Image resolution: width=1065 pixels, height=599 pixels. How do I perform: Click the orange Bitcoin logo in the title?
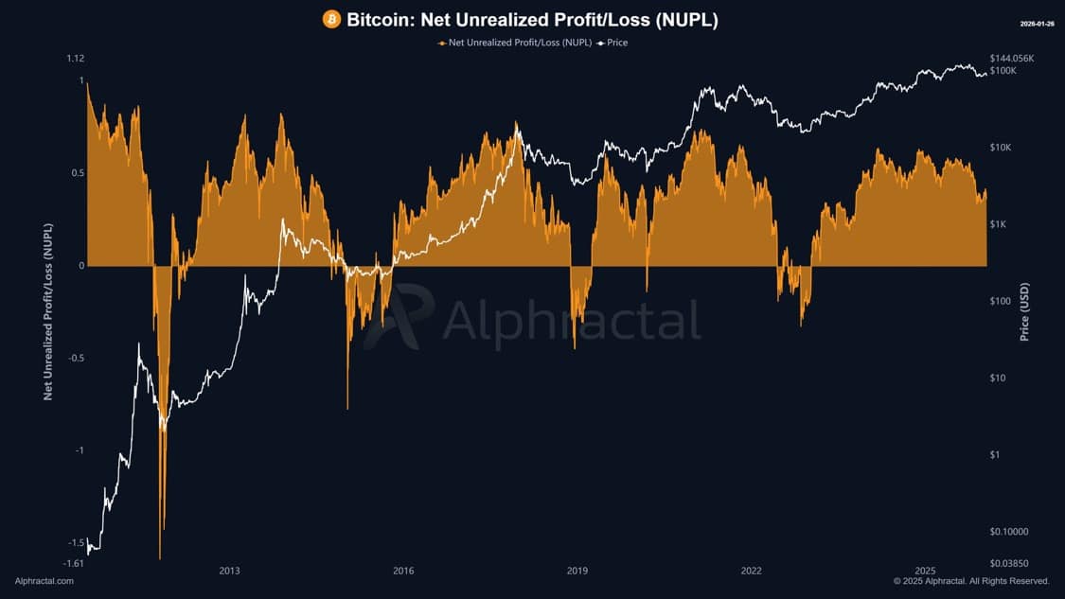click(x=331, y=19)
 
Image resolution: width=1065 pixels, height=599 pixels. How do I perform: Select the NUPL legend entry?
click(x=515, y=43)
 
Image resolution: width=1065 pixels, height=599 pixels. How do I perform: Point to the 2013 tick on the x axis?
click(x=229, y=571)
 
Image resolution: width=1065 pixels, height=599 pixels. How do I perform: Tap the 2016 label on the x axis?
click(x=403, y=571)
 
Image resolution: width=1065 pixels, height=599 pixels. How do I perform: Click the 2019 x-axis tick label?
click(x=577, y=571)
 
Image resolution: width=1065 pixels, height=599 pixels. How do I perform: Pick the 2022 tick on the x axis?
click(x=752, y=571)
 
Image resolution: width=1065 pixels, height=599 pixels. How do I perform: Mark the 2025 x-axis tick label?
click(x=926, y=571)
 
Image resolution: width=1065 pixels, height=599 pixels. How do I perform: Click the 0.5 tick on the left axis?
click(x=75, y=173)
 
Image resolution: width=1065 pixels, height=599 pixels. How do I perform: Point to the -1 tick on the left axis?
click(x=79, y=450)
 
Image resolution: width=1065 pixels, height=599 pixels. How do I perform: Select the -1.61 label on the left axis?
click(x=73, y=564)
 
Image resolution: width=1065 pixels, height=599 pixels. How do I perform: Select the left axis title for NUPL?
click(x=48, y=312)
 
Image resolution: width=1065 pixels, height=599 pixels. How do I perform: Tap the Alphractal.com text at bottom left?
click(x=44, y=581)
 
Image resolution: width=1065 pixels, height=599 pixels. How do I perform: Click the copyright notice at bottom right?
click(x=971, y=581)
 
